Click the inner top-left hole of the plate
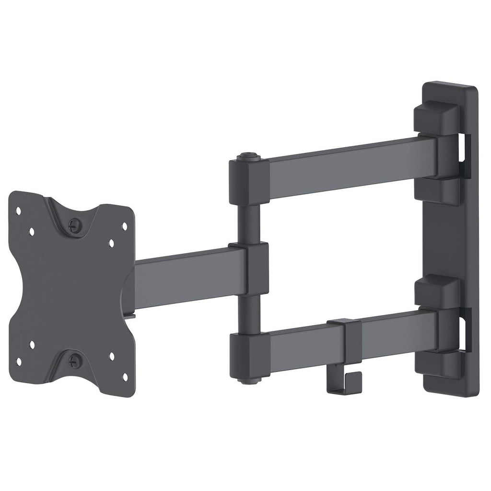tap(32, 231)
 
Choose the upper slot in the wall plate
tap(465, 151)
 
